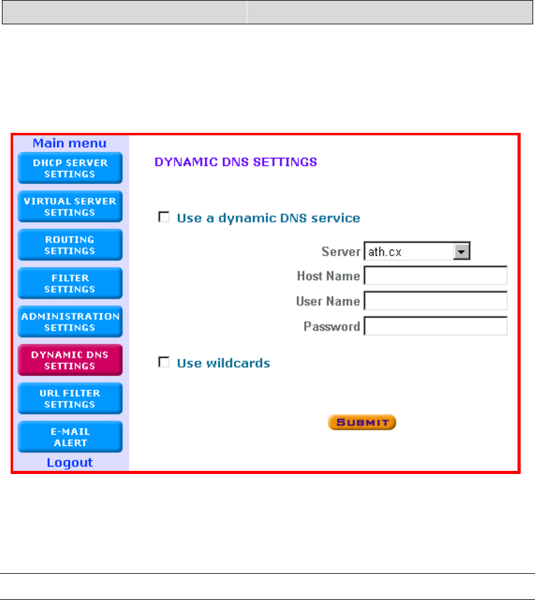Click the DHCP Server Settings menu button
coord(70,168)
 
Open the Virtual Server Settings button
coord(70,207)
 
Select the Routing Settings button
coord(70,245)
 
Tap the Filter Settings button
coord(70,284)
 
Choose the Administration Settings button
coord(70,322)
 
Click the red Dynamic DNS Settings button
coord(70,360)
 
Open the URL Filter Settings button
coord(70,399)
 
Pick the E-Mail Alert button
coord(70,437)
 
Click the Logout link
coord(70,463)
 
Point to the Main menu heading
coord(70,143)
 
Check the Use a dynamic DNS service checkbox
coord(164,218)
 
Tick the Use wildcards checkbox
coord(164,362)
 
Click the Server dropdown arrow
coord(461,251)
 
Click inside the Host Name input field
coord(436,276)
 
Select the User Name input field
coord(436,301)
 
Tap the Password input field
coord(436,326)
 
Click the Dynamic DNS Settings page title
coord(236,162)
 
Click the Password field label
coord(331,326)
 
